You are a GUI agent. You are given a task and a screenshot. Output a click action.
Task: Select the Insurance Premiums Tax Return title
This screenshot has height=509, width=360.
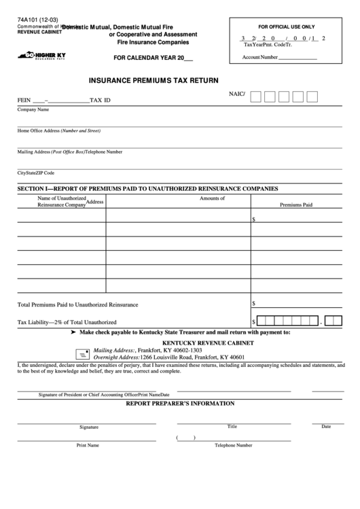(x=154, y=80)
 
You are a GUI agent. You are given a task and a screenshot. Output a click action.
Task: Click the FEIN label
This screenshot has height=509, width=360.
(x=24, y=100)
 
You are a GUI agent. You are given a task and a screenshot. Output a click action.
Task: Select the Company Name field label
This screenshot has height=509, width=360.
(x=33, y=109)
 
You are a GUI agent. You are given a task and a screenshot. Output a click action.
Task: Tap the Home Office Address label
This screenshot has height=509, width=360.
(x=58, y=130)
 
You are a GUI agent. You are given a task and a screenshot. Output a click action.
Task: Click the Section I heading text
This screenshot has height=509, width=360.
(x=147, y=188)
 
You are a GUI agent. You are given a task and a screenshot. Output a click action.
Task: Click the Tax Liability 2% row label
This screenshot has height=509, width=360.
(x=67, y=321)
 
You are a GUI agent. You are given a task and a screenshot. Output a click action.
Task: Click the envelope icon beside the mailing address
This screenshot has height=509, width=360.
(x=82, y=354)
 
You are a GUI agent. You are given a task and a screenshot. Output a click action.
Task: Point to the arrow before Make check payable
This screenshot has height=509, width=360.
(x=73, y=332)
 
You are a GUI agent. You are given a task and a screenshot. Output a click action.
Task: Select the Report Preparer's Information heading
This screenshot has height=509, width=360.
(x=180, y=403)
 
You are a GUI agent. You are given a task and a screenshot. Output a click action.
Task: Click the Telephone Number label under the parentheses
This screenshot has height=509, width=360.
(x=233, y=445)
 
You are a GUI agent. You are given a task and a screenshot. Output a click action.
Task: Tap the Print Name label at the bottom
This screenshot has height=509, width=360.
(x=88, y=445)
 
